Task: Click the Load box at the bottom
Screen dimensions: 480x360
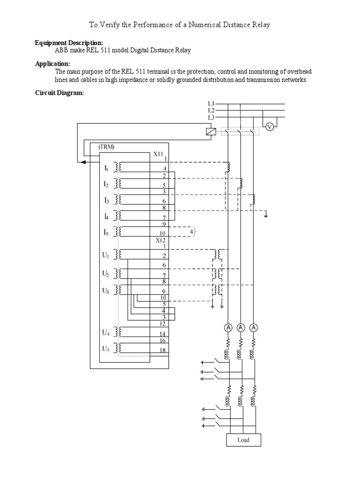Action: (x=243, y=440)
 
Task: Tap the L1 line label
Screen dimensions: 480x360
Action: (x=211, y=103)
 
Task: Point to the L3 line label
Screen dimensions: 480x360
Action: (x=211, y=118)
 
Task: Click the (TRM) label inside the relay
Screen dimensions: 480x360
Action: (x=106, y=147)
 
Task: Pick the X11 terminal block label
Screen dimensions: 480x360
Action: (x=159, y=153)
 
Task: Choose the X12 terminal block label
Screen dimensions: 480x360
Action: (x=161, y=240)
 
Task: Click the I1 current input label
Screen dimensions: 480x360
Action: (x=106, y=167)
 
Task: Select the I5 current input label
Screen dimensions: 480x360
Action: (x=106, y=232)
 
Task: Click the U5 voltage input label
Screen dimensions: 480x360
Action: (x=106, y=349)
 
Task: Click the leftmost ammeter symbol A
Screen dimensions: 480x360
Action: (x=228, y=327)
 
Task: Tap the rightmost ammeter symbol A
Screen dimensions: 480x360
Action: (x=254, y=327)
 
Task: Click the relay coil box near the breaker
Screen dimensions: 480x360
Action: (x=211, y=132)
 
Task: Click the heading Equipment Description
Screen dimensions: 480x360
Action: (x=69, y=43)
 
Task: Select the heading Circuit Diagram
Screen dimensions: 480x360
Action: (x=60, y=93)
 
